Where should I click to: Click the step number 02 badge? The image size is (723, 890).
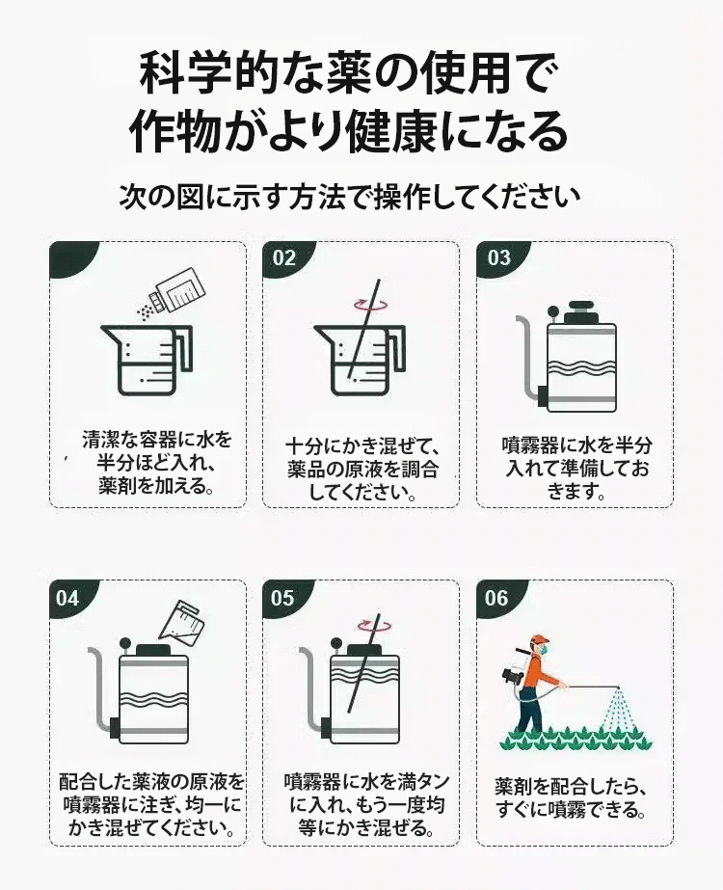coord(283,258)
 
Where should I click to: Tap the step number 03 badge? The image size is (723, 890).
coord(498,258)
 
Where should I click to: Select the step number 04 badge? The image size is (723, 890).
coord(67,598)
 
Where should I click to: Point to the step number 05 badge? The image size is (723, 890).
coord(282,598)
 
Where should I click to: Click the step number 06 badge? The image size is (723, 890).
coord(496,598)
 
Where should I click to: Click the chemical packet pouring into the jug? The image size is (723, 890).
coord(176,295)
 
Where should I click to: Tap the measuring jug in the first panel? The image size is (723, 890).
coord(146,360)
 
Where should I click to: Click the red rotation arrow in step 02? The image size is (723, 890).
coord(370,305)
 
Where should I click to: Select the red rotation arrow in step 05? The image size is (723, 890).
coord(374,625)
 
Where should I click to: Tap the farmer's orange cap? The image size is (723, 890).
coord(539,639)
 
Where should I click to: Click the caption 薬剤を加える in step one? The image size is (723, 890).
coord(150,485)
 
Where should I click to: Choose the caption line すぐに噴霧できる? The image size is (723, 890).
coord(572,809)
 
